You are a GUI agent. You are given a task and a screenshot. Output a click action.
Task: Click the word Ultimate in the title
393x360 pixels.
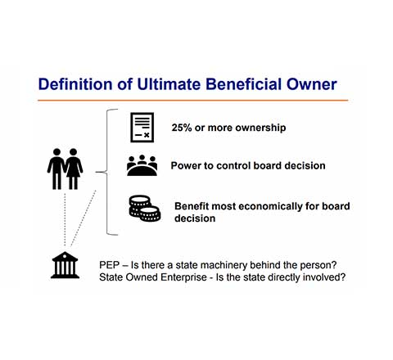pyautogui.click(x=169, y=84)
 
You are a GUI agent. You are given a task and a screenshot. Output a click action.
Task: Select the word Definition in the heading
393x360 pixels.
pyautogui.click(x=75, y=84)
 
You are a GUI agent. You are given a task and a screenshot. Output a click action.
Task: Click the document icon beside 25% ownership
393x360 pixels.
pyautogui.click(x=142, y=128)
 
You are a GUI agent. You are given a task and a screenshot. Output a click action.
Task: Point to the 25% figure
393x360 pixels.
pyautogui.click(x=182, y=128)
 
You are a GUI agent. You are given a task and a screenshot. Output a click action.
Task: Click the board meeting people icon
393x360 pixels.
pyautogui.click(x=142, y=165)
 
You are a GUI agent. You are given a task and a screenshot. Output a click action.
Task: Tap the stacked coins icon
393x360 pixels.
pyautogui.click(x=145, y=209)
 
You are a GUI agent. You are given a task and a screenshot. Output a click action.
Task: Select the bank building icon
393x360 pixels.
pyautogui.click(x=65, y=265)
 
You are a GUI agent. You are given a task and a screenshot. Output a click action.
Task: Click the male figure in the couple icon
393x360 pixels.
pyautogui.click(x=56, y=169)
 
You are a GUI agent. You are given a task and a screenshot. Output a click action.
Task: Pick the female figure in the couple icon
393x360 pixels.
pyautogui.click(x=74, y=169)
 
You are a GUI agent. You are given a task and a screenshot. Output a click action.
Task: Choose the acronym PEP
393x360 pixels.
pyautogui.click(x=110, y=265)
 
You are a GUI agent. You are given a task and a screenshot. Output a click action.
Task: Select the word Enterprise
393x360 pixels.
pyautogui.click(x=183, y=277)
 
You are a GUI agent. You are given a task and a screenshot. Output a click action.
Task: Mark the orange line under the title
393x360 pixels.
pyautogui.click(x=193, y=101)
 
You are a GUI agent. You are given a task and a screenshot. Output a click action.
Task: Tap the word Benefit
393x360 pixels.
pyautogui.click(x=192, y=206)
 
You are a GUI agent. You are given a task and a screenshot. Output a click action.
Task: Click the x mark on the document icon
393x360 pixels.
pyautogui.click(x=147, y=135)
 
